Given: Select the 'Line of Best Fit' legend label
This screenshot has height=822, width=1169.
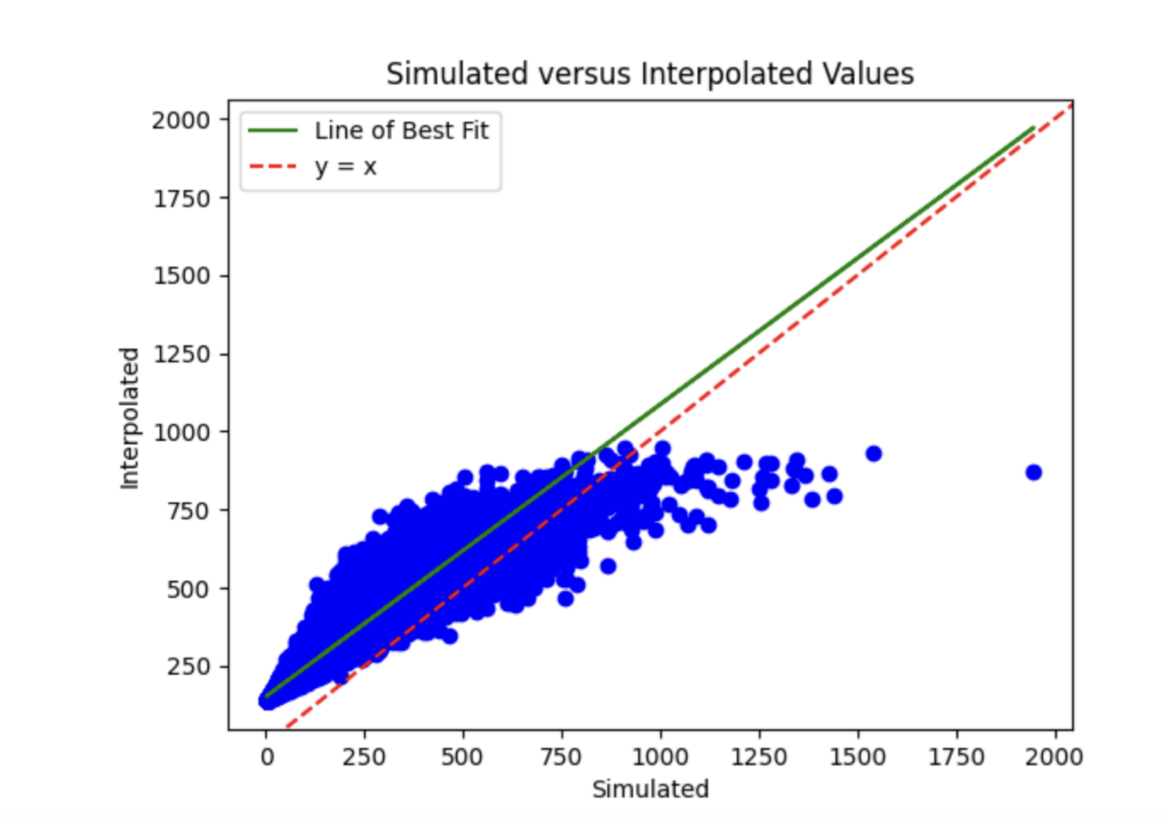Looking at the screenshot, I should (401, 131).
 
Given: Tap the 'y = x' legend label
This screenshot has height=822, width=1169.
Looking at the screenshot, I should (346, 167).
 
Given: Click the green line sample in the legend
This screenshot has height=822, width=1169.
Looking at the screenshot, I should (273, 131).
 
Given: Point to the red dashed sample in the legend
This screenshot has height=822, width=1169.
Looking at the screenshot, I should (273, 167).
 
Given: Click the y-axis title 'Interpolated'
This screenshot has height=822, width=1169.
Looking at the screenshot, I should (129, 418).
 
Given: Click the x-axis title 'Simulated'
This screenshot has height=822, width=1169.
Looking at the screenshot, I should (650, 789).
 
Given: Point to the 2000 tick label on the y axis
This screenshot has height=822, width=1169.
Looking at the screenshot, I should (181, 120).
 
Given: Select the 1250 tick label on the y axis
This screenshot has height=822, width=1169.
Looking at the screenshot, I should (181, 354).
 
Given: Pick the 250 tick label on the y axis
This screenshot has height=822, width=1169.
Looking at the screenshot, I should (188, 666).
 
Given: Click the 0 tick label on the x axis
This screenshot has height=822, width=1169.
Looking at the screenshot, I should (267, 756).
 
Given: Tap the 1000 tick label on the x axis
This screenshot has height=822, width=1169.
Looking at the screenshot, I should (660, 756).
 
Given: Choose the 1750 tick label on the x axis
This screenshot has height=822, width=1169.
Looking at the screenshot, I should (956, 756).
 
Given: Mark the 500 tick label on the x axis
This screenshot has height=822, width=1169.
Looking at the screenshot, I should (463, 756).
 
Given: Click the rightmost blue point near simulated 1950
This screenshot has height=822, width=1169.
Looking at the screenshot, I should (1033, 472).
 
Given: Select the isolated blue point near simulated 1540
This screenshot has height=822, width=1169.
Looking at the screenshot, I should (873, 453).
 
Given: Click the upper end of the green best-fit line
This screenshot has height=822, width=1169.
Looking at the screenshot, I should (1033, 128).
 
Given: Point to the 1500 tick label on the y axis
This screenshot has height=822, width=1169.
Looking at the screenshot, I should (181, 276).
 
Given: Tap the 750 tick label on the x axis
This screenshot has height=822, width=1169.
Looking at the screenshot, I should (561, 756).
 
